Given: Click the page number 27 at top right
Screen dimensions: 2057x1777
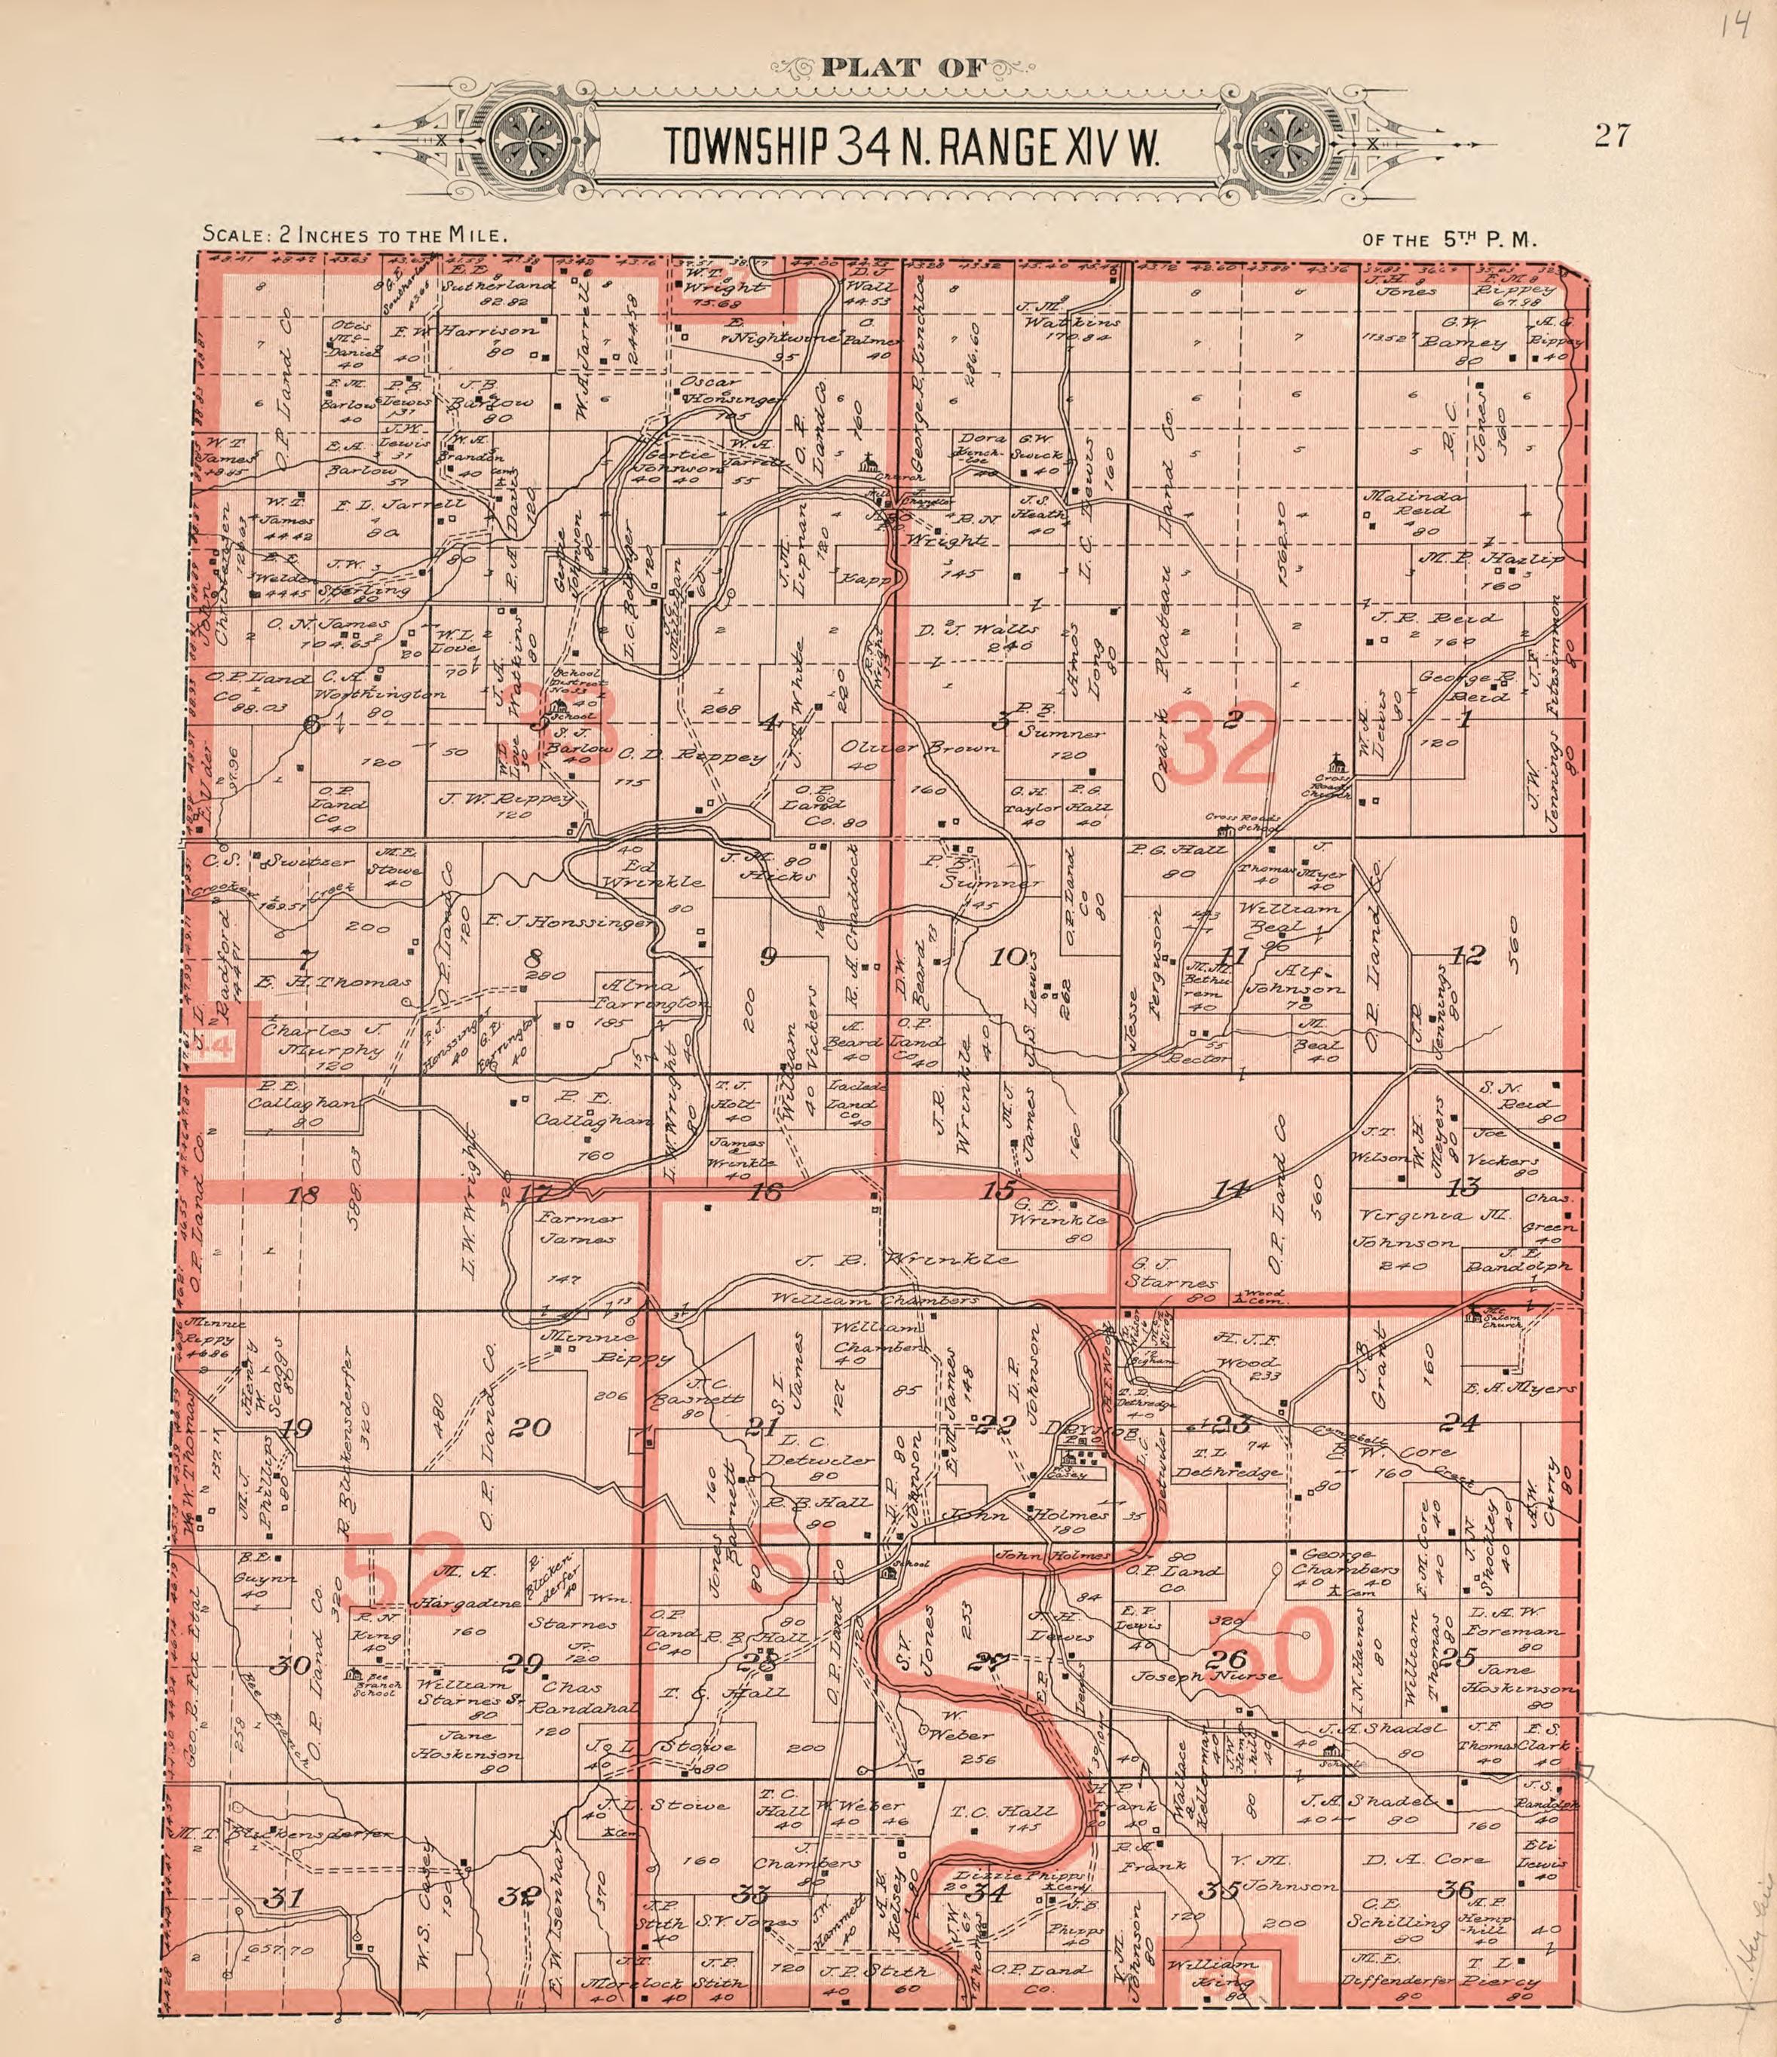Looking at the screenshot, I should tap(1611, 136).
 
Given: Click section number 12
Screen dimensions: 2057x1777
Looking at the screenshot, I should tap(1466, 955).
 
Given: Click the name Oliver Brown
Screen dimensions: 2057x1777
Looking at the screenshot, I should tap(919, 747).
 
